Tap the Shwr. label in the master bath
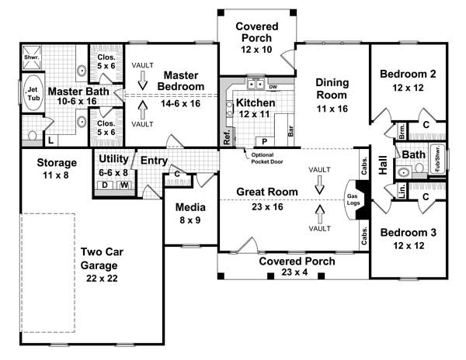[x=31, y=56]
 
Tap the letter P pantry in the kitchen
[x=263, y=142]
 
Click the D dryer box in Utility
[x=105, y=186]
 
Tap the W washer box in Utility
[x=123, y=186]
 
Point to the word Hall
[x=383, y=167]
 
